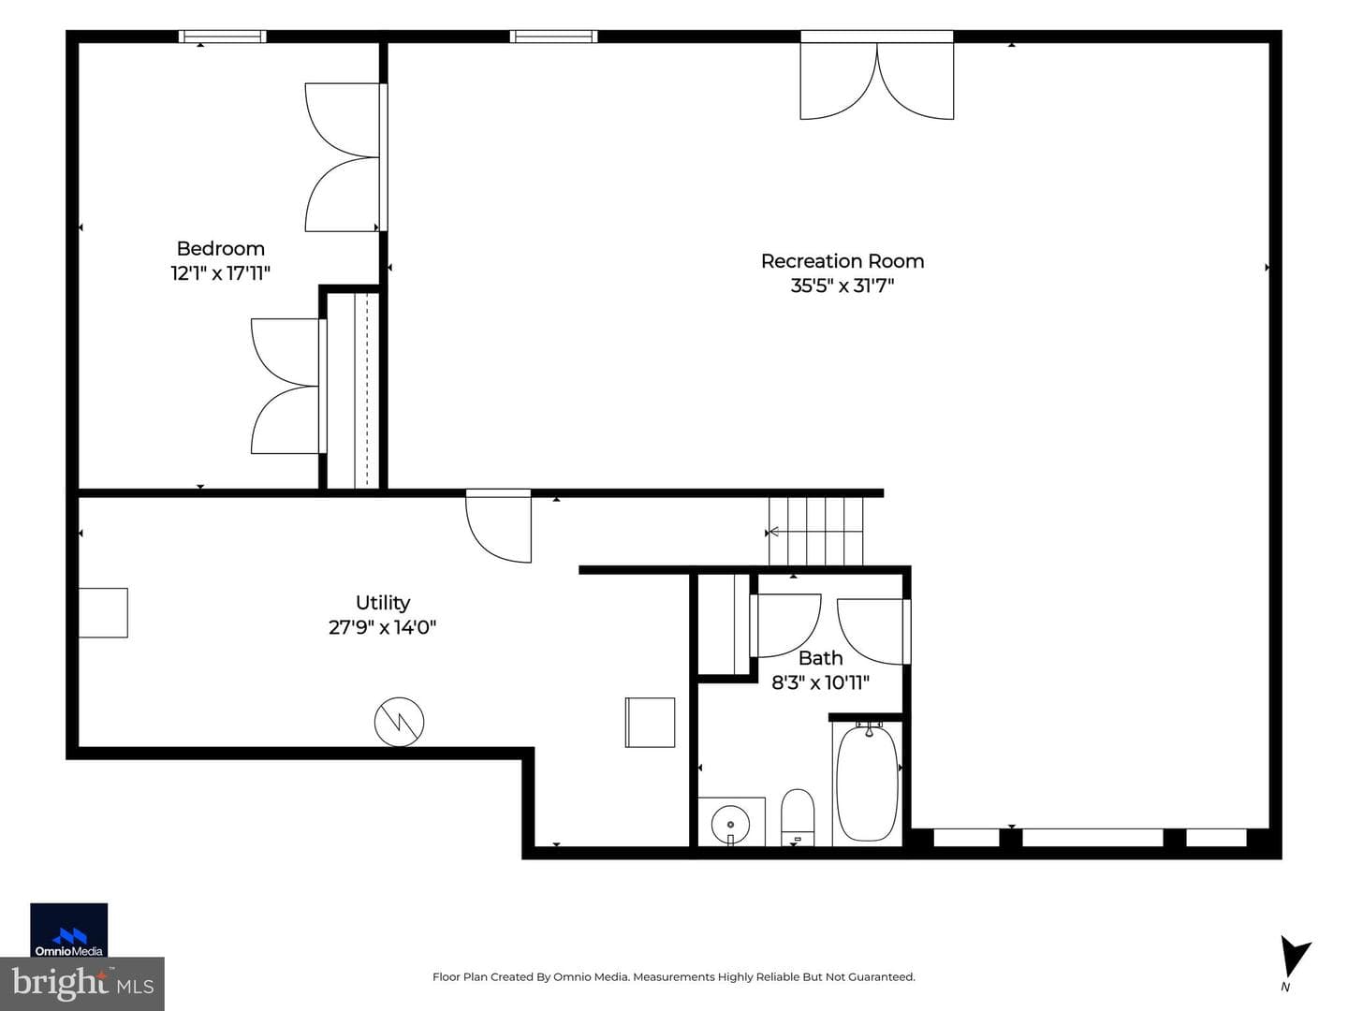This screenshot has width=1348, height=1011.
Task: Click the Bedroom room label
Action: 221,249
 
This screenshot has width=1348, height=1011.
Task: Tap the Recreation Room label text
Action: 842,261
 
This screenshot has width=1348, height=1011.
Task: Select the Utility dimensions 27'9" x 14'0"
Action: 382,627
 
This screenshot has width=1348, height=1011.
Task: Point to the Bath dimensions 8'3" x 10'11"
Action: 820,682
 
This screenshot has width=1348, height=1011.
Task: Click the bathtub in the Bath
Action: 867,784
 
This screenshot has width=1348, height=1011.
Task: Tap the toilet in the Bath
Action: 798,817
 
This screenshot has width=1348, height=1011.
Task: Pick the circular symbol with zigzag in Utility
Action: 399,722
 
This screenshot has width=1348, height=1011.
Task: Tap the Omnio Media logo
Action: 68,930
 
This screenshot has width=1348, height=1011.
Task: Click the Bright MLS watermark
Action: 82,984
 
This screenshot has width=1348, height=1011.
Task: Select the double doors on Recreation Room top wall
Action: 876,81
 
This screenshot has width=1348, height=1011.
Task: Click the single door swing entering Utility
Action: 498,526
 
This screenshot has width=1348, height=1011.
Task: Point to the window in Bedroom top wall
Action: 222,37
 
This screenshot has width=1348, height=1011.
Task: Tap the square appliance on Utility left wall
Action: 103,612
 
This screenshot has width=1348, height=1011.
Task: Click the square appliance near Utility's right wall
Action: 650,723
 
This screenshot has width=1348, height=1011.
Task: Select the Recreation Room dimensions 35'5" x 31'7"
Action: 842,286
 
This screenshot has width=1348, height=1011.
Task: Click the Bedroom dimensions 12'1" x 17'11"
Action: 221,273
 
